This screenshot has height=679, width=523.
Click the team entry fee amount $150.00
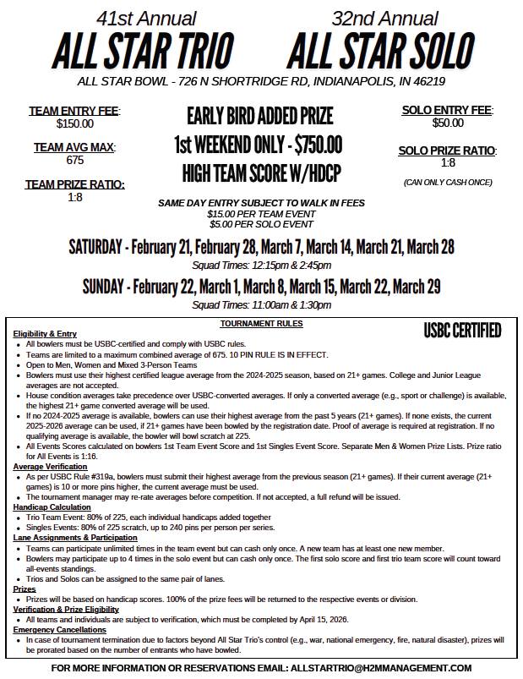coord(74,123)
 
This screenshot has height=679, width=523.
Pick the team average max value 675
coord(74,160)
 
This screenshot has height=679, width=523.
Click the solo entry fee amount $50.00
coord(448,123)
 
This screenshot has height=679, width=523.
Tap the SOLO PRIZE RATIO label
coord(448,151)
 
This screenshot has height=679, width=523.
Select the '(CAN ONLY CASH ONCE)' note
coord(448,182)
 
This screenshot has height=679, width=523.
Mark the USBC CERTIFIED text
coord(462,329)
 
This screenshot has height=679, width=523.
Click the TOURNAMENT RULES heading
coord(261,324)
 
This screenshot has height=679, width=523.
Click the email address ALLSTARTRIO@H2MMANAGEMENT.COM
coord(380,667)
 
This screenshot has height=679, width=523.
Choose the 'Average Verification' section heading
coord(51,467)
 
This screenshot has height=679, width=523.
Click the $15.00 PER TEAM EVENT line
coord(261,214)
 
